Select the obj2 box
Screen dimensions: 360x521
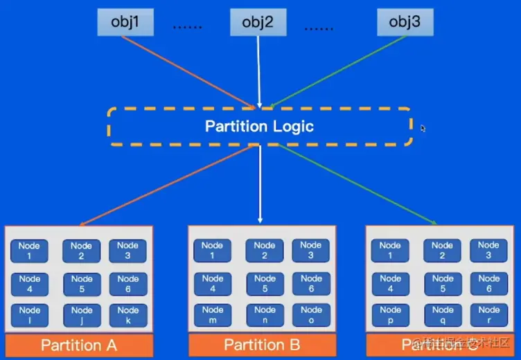pyautogui.click(x=258, y=22)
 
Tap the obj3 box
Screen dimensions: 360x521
pyautogui.click(x=405, y=22)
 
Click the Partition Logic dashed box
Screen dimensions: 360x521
pyautogui.click(x=259, y=126)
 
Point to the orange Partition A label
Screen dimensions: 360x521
pyautogui.click(x=78, y=345)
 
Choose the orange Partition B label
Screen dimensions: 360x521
pyautogui.click(x=262, y=345)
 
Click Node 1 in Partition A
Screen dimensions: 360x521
pyautogui.click(x=30, y=251)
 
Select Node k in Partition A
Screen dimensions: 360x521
pyautogui.click(x=127, y=316)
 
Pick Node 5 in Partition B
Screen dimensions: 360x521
pyautogui.click(x=264, y=284)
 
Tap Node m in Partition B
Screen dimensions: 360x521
pyautogui.click(x=212, y=315)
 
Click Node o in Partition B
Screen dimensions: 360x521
pyautogui.click(x=311, y=315)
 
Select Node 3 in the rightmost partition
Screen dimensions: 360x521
pyautogui.click(x=488, y=250)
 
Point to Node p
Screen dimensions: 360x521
pyautogui.click(x=390, y=315)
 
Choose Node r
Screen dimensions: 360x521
pyautogui.click(x=488, y=315)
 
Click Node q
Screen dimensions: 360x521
pyautogui.click(x=442, y=315)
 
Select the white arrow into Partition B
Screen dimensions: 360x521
pyautogui.click(x=259, y=183)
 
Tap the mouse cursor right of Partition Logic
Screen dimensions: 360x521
pyautogui.click(x=423, y=128)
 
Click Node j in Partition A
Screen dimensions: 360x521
pyautogui.click(x=82, y=316)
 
